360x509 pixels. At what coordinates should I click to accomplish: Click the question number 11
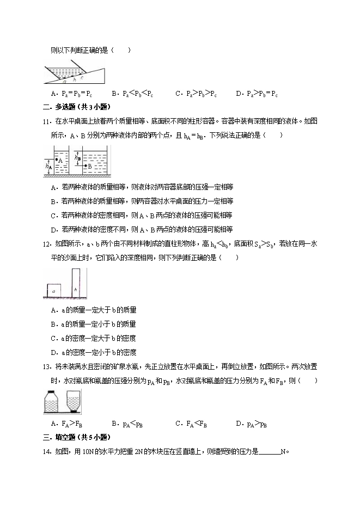pyautogui.click(x=46, y=121)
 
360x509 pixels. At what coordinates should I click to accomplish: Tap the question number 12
pyautogui.click(x=46, y=244)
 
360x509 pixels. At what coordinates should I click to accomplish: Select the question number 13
pyautogui.click(x=46, y=366)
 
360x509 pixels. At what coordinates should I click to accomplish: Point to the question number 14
pyautogui.click(x=46, y=451)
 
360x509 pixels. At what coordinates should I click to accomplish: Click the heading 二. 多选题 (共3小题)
pyautogui.click(x=76, y=107)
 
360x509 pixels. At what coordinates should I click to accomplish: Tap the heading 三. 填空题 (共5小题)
pyautogui.click(x=76, y=437)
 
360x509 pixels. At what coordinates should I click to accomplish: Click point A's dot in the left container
pyautogui.click(x=56, y=160)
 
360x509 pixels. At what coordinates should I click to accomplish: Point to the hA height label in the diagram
pyautogui.click(x=48, y=168)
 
